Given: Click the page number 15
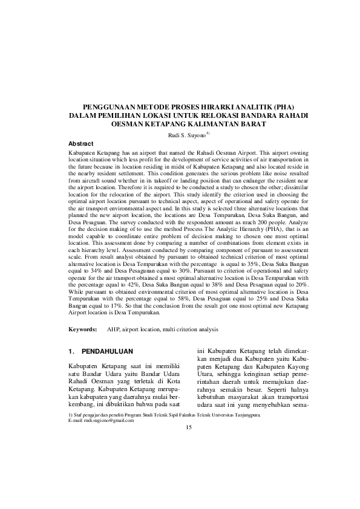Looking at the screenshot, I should (188, 427).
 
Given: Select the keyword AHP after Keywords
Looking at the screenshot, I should (113, 329).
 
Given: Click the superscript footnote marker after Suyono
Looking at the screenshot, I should (208, 133).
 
